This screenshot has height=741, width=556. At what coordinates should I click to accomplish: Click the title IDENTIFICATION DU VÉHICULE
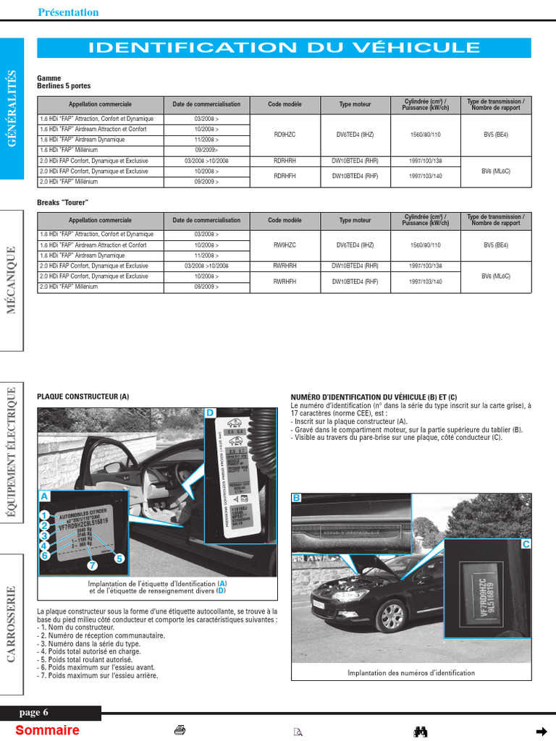pyautogui.click(x=284, y=48)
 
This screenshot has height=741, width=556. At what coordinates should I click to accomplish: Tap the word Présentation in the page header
pyautogui.click(x=68, y=12)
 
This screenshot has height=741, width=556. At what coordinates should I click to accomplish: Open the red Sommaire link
pyautogui.click(x=47, y=730)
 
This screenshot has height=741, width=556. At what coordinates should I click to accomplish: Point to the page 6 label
pyautogui.click(x=34, y=713)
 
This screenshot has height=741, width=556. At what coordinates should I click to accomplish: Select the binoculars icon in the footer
pyautogui.click(x=420, y=732)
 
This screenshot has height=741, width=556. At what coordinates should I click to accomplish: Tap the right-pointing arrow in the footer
pyautogui.click(x=540, y=731)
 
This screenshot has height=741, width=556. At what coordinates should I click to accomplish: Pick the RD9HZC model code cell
pyautogui.click(x=285, y=135)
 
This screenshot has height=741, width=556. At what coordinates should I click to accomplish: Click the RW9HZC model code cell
pyautogui.click(x=285, y=245)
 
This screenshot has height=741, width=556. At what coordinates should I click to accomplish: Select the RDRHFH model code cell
pyautogui.click(x=285, y=176)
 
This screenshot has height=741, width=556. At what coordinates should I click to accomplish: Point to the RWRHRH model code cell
pyautogui.click(x=285, y=266)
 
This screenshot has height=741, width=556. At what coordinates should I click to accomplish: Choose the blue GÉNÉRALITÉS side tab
pyautogui.click(x=12, y=109)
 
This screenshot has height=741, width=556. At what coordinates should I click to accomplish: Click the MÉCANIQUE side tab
pyautogui.click(x=12, y=280)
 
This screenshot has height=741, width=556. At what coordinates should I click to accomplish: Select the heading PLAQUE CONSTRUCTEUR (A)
pyautogui.click(x=83, y=397)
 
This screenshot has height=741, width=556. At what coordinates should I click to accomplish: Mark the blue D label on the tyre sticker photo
pyautogui.click(x=210, y=413)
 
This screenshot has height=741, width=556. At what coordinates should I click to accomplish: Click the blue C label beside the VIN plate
pyautogui.click(x=526, y=543)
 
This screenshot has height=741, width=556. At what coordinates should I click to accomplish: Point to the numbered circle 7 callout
pyautogui.click(x=92, y=565)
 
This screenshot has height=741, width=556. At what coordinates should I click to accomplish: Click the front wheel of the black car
pyautogui.click(x=392, y=616)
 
